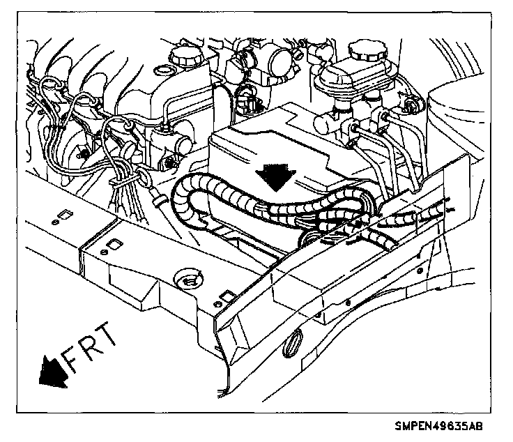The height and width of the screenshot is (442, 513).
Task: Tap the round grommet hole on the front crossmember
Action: click(187, 280)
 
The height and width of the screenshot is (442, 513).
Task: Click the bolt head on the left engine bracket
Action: click(84, 152)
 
